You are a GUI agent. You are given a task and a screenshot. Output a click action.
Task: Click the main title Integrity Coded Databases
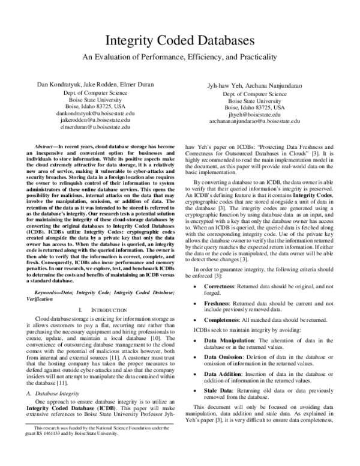(180, 41)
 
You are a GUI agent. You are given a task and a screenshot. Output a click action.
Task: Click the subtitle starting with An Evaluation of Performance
(180, 58)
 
